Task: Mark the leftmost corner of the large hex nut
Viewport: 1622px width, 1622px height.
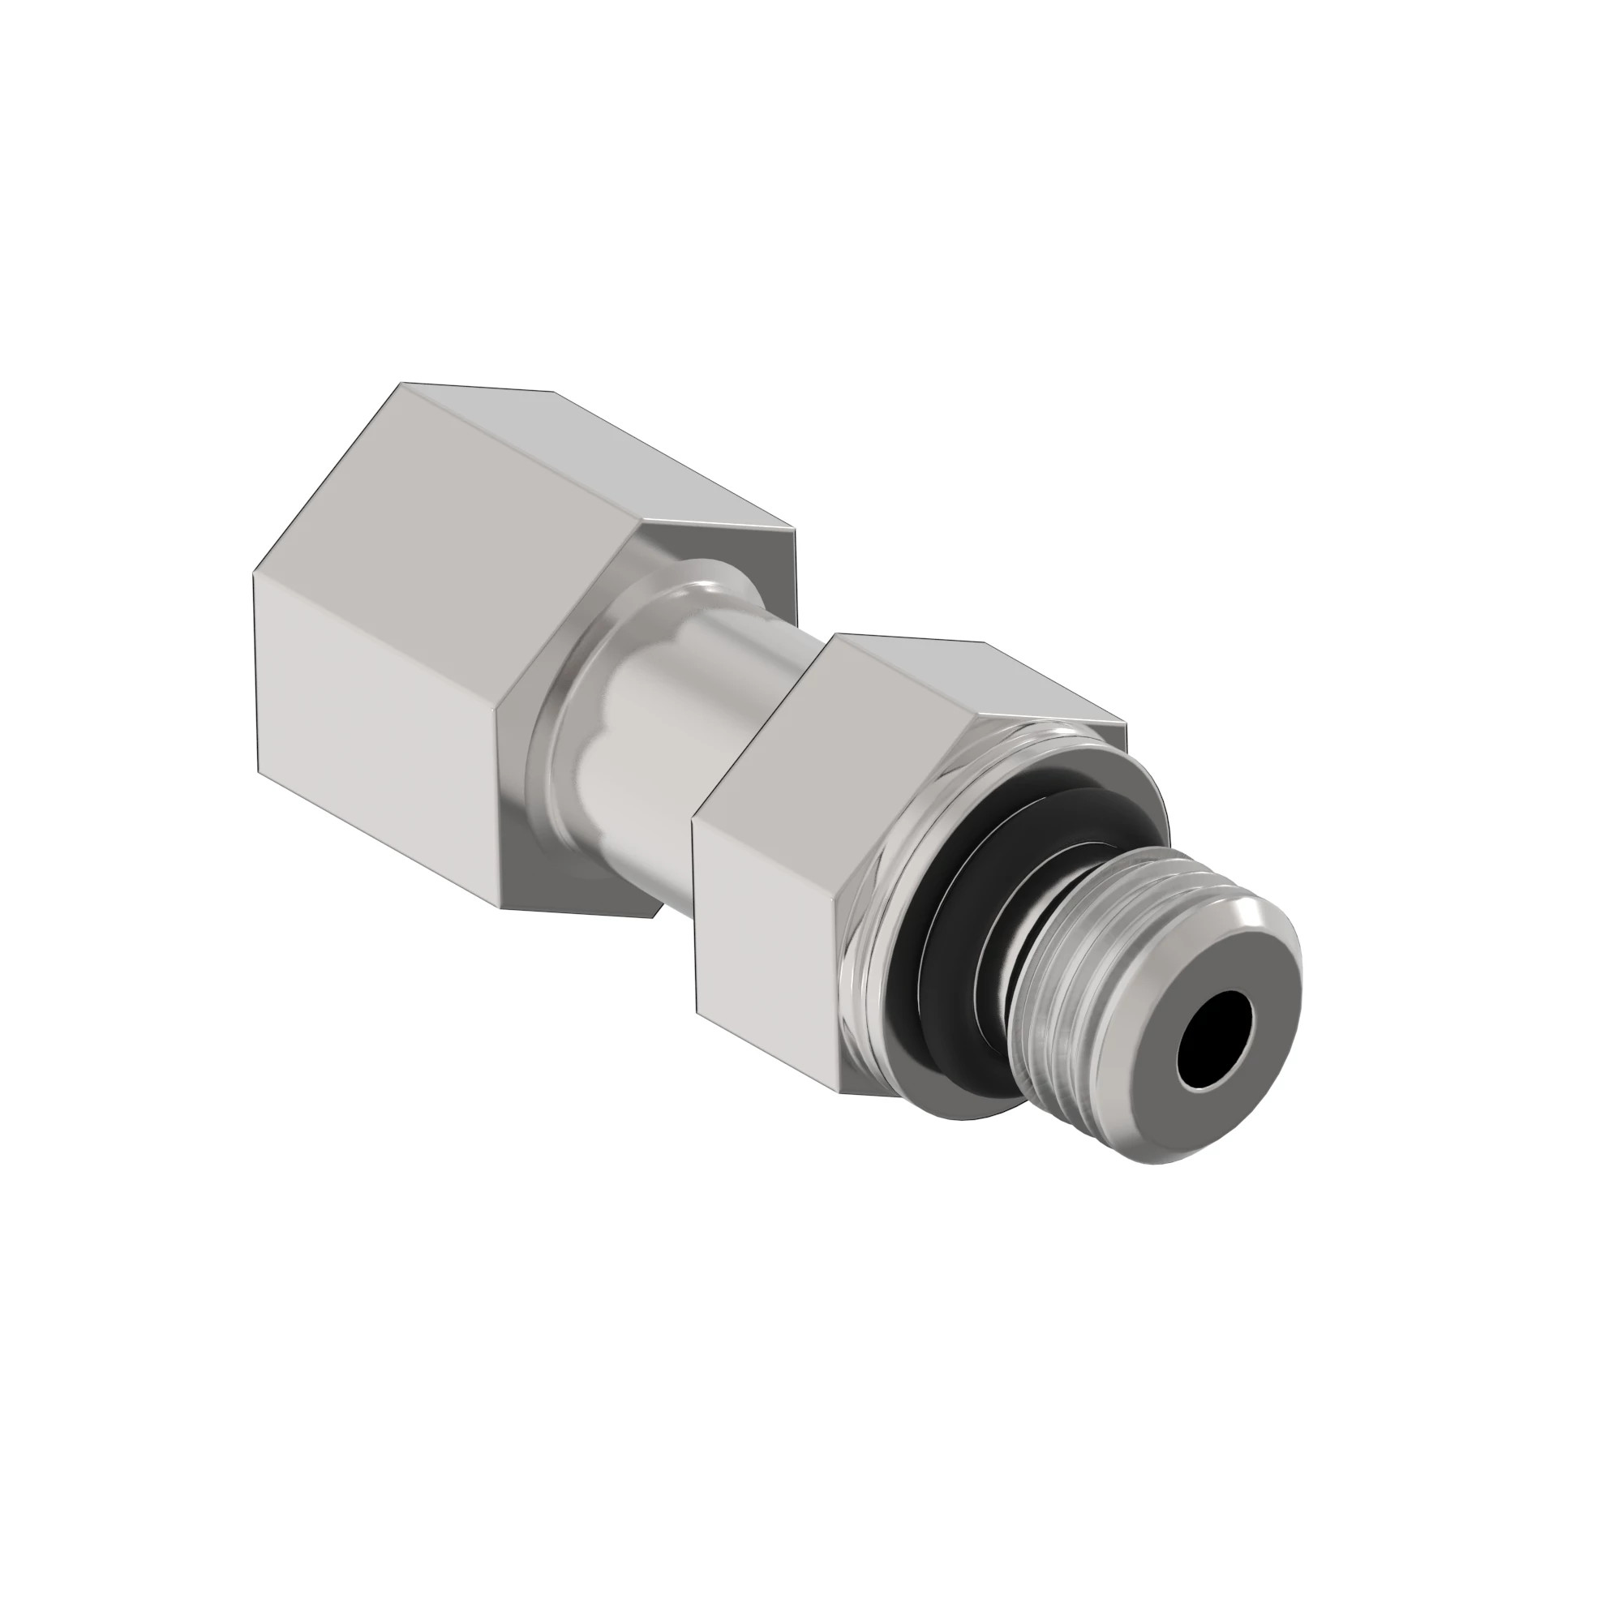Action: coord(255,575)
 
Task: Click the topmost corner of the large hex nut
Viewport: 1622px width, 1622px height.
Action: coord(401,384)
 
